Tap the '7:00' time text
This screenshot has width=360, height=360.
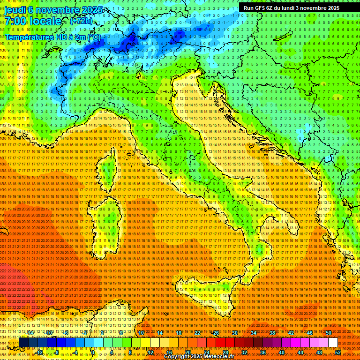click(x=14, y=21)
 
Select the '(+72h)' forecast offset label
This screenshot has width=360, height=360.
click(x=81, y=21)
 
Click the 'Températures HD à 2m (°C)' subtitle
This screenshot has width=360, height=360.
click(x=52, y=37)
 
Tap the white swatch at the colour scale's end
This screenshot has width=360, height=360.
click(x=333, y=343)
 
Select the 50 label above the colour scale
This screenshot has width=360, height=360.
click(x=328, y=333)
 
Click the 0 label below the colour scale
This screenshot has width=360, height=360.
click(x=93, y=352)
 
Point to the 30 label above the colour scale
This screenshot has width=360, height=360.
click(x=234, y=333)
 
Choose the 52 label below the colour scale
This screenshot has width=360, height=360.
click(x=337, y=352)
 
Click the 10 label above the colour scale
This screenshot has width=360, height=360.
click(x=141, y=333)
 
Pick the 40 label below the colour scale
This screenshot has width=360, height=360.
click(x=281, y=352)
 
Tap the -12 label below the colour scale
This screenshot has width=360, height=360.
click(x=40, y=352)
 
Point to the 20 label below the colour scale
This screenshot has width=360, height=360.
click(x=187, y=352)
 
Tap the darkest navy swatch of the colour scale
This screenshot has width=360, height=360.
click(x=23, y=343)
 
